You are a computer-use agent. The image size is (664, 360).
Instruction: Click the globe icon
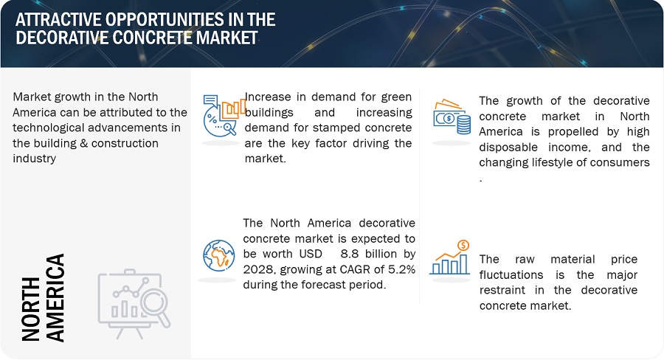pos(219,255)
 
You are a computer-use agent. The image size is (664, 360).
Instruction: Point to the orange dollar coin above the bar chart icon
pos(464,245)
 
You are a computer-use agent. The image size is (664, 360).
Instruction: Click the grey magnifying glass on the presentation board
pos(155,306)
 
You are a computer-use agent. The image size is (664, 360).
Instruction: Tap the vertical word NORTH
pos(30,309)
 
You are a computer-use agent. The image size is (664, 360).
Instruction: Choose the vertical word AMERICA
pos(55,298)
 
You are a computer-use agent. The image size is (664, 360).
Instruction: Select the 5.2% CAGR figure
pos(402,269)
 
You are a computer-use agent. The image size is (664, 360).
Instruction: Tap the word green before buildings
pos(396,97)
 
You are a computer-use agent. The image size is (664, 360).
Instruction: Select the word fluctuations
pos(511,275)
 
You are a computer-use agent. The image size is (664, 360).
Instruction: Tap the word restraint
pos(502,290)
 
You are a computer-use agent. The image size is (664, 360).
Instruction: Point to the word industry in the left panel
pos(34,159)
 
